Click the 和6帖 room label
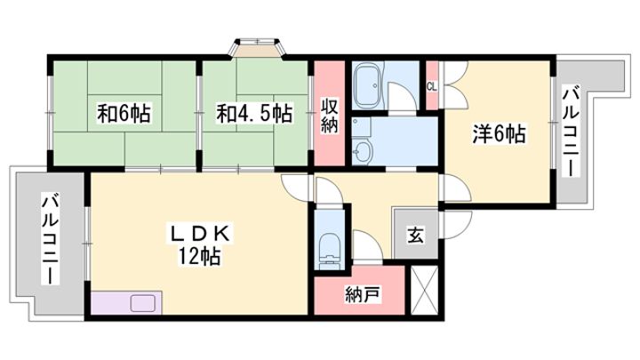(124, 114)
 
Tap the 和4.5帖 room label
(254, 114)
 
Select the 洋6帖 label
(499, 133)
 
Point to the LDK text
(200, 234)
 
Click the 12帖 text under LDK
(199, 257)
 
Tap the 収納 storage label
(329, 116)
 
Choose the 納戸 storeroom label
(363, 294)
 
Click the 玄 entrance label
(415, 235)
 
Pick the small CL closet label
(431, 87)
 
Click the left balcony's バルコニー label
(52, 240)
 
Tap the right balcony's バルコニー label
(571, 131)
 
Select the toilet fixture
(331, 252)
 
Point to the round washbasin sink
(362, 152)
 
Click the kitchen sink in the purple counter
(142, 303)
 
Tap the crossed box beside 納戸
(424, 290)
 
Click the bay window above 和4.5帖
(258, 46)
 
